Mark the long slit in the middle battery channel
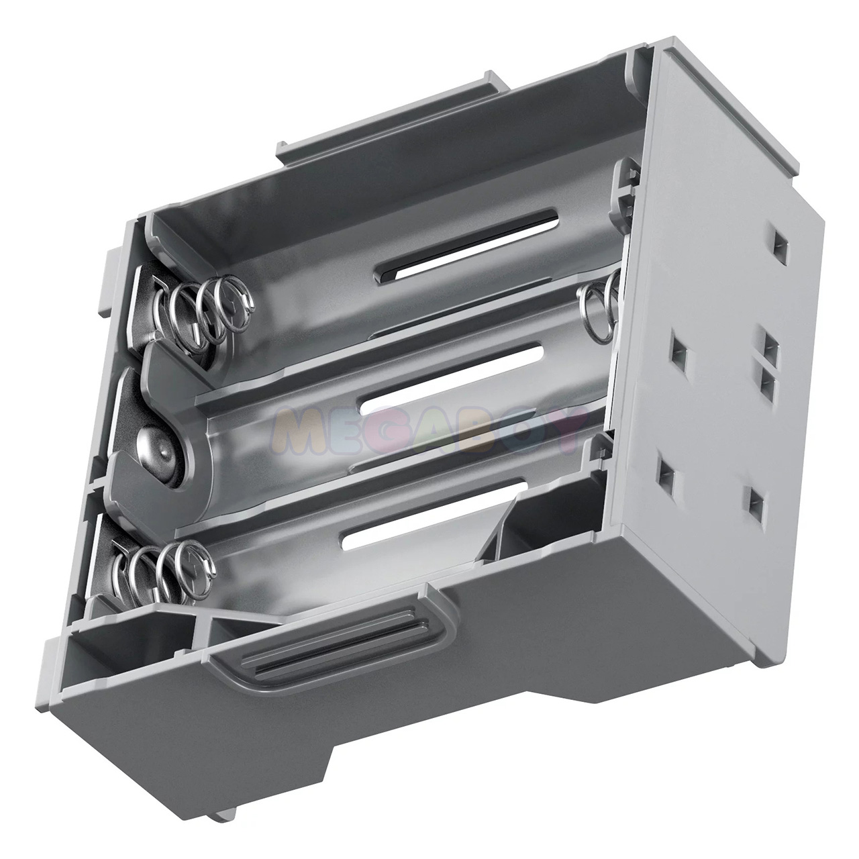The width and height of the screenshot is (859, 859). pyautogui.click(x=451, y=379)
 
